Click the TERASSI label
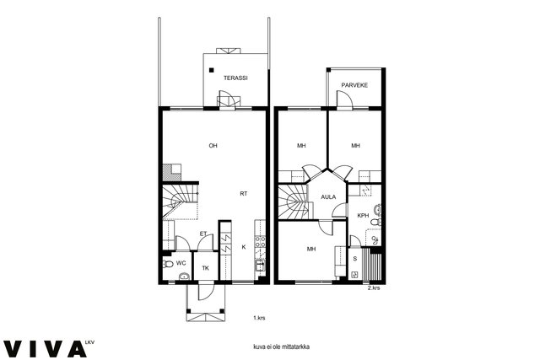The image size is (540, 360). [x=235, y=78]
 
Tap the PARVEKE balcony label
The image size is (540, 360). [x=354, y=85]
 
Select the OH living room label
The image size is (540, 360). [x=213, y=146]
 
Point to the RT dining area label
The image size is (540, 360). [x=244, y=194]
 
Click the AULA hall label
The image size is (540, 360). [x=328, y=197]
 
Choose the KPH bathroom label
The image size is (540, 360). [x=363, y=216]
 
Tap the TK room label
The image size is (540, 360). [x=205, y=268]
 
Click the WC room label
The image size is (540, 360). [x=181, y=263]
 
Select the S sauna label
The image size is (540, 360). [x=354, y=259]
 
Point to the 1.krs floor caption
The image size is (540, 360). [x=259, y=318]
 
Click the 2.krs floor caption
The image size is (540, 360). [x=374, y=288]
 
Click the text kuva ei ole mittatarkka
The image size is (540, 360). [x=281, y=347]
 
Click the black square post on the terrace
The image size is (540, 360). [x=212, y=70]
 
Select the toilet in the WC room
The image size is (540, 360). [x=168, y=265]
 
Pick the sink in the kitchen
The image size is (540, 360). [x=259, y=266]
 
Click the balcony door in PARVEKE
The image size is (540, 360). [x=344, y=99]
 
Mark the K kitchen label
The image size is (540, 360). [x=244, y=247]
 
